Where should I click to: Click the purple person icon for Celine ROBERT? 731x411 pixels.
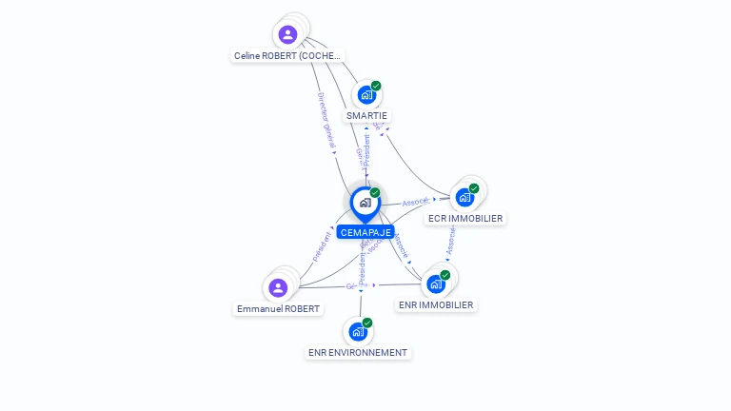287,35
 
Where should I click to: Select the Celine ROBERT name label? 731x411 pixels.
287,56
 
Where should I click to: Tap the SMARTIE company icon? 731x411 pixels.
365,95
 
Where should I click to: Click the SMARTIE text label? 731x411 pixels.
366,116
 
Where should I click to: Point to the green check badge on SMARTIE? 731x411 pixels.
376,86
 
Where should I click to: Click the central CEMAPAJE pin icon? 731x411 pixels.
365,203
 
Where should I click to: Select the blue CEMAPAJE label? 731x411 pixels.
365,232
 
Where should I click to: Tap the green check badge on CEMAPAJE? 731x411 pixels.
375,193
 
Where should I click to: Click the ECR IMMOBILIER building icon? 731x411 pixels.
464,198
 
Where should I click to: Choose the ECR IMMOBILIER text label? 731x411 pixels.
465,219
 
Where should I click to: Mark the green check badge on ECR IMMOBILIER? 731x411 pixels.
474,188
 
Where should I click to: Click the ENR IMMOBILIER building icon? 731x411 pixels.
436,284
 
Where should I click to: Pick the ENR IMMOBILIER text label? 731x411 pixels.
436,305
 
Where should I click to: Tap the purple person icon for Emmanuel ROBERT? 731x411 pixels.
278,288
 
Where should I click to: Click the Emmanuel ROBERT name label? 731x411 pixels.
279,309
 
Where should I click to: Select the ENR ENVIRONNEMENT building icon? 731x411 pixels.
358,332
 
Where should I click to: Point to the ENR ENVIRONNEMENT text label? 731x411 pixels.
358,353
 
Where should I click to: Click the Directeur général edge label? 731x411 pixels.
326,120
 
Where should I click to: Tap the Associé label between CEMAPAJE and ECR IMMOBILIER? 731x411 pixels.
416,202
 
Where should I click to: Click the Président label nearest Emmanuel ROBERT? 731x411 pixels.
322,246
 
